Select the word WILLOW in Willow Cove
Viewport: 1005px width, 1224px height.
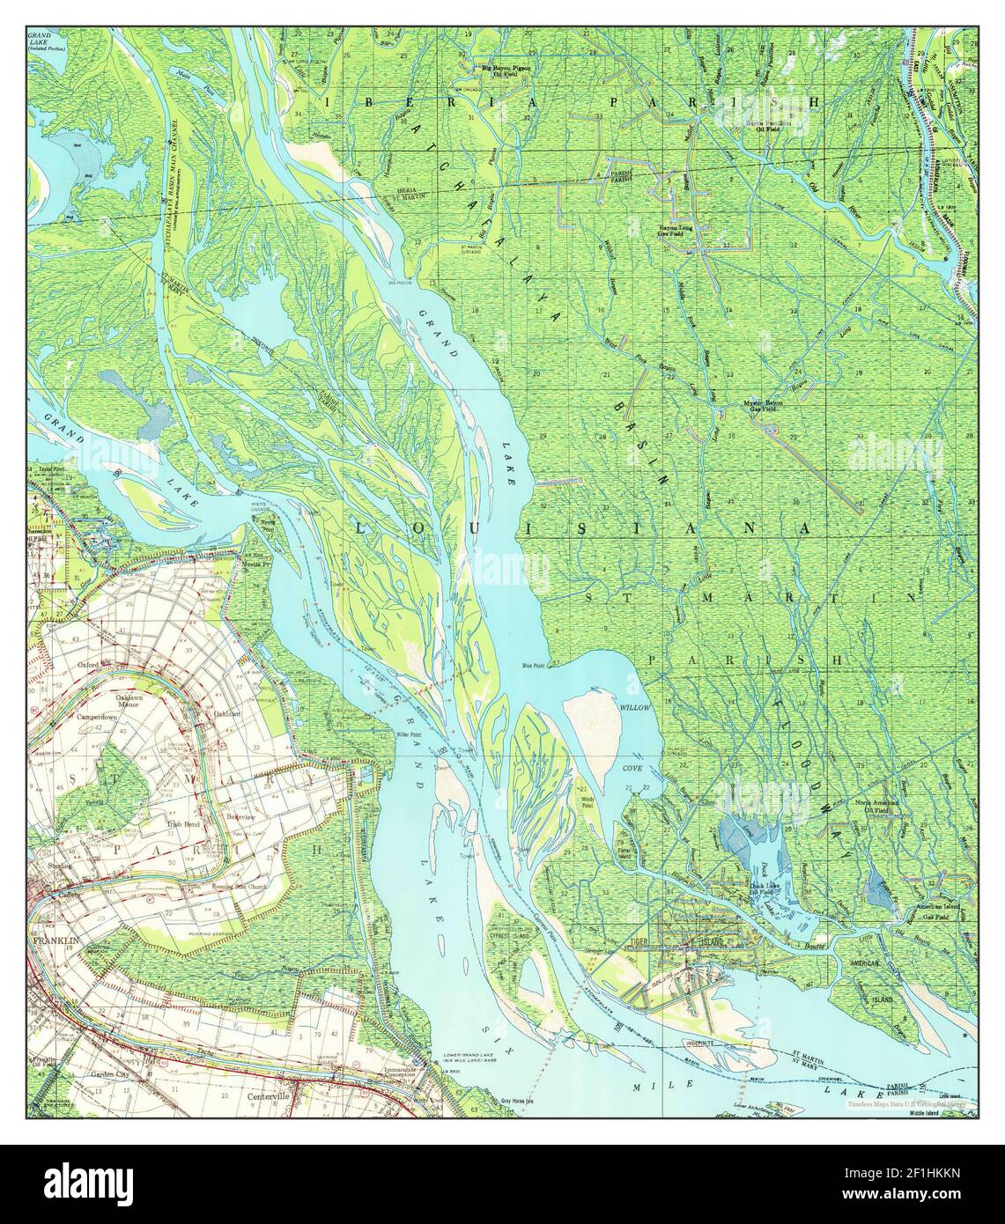coord(635,707)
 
